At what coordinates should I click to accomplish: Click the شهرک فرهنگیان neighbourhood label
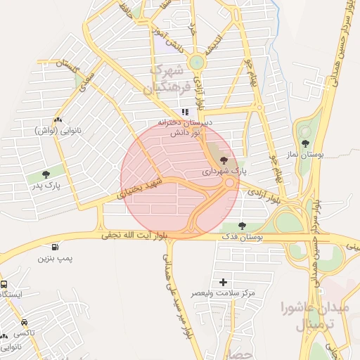pos(166,79)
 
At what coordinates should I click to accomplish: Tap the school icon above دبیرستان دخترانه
pos(185,112)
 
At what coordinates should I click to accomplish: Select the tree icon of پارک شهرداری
pos(224,161)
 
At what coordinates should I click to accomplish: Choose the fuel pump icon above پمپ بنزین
pos(55,246)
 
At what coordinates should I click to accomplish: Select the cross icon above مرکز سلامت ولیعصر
pos(224,282)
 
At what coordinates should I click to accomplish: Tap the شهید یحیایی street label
pos(143,186)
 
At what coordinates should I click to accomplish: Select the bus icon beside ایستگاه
pos(4,285)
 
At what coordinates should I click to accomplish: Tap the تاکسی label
pos(24,332)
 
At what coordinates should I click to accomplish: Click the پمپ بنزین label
pos(56,259)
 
